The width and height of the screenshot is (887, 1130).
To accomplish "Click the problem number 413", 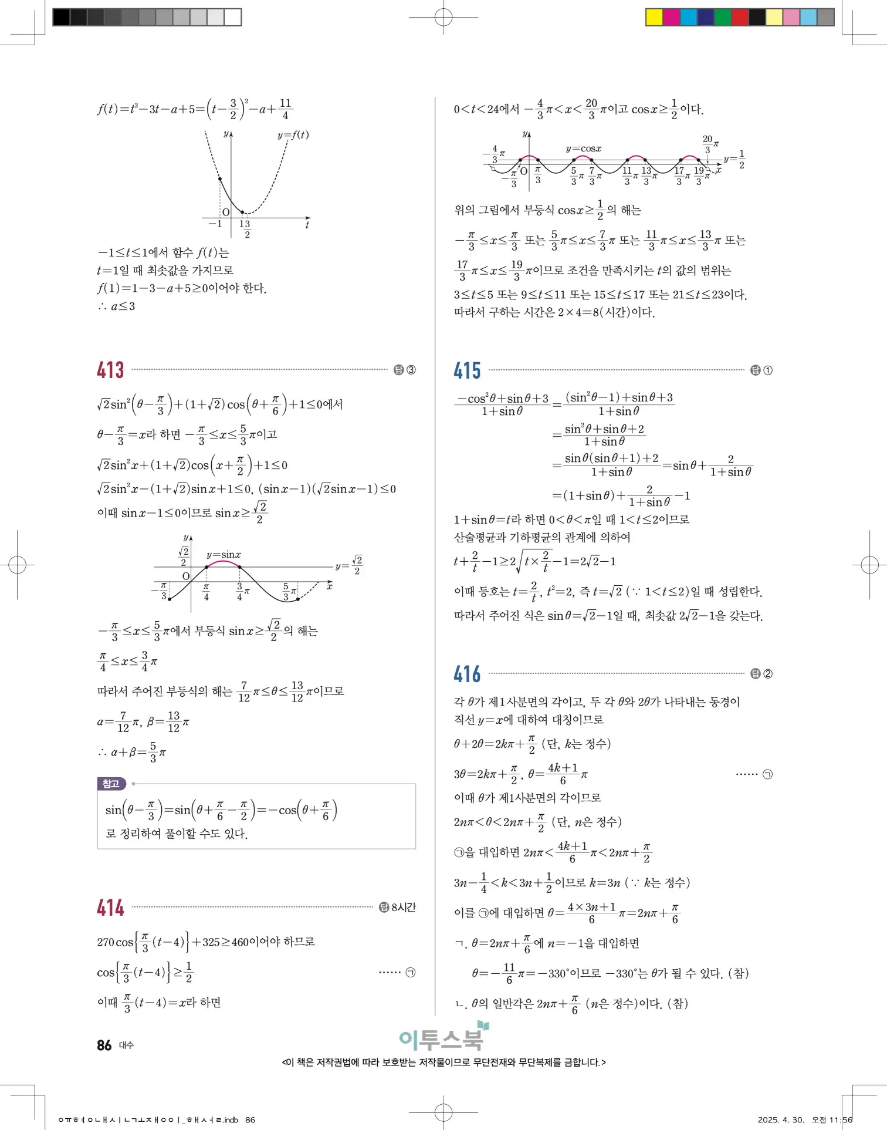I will click(110, 370).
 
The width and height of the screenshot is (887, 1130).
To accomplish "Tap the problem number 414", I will click(110, 908).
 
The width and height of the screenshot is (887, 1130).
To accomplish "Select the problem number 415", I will click(467, 370).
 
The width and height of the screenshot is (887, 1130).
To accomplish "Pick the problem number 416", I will click(467, 674).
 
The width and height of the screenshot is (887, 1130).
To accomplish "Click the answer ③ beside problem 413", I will click(411, 370).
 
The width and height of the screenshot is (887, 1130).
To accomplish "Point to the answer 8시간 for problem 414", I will click(403, 908).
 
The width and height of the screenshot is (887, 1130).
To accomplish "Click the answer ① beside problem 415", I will click(767, 370).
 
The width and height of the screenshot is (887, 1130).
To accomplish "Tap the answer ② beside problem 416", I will click(767, 674).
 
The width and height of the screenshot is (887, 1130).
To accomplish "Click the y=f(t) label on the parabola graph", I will click(293, 135).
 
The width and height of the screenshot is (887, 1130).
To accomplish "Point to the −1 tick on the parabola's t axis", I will click(215, 224).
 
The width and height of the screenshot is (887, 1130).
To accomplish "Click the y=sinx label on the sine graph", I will click(224, 555).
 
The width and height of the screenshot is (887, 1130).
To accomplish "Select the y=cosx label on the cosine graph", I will click(583, 149).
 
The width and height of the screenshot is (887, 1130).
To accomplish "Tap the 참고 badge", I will click(111, 784).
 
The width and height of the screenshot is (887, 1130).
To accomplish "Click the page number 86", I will click(104, 1045).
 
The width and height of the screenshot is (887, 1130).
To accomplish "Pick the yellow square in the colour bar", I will click(654, 17).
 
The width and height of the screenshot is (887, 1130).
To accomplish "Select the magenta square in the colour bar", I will click(671, 17).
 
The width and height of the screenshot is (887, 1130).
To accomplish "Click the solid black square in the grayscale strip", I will click(61, 17).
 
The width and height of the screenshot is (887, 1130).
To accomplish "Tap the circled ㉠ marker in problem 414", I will click(411, 973).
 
